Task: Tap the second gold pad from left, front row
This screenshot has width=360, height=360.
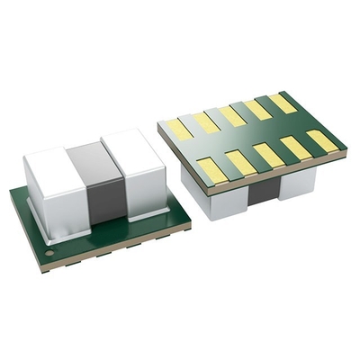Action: tap(241, 162)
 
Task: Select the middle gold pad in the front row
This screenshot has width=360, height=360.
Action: tap(269, 155)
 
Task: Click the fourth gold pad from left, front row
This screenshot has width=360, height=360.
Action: tap(295, 148)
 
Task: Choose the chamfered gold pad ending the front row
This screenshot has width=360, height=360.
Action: tap(321, 141)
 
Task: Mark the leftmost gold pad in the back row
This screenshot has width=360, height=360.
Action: tap(180, 129)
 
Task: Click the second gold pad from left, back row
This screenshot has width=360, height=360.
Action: tap(207, 122)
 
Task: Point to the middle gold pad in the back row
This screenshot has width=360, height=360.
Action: tap(233, 115)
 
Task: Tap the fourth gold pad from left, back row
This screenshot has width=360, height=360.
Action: tap(258, 109)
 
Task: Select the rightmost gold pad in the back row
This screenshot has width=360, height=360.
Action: tap(283, 103)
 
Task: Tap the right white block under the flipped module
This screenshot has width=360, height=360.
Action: tap(297, 183)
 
